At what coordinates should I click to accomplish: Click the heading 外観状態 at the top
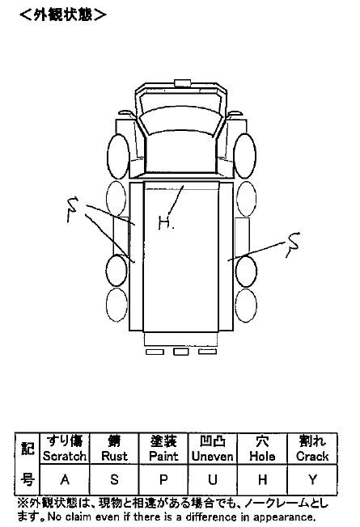point(63,15)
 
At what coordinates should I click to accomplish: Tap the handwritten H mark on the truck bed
point(164,223)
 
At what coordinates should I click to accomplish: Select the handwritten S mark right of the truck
point(292,244)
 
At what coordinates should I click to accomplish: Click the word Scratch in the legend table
point(65,456)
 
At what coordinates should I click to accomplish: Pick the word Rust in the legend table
point(114,456)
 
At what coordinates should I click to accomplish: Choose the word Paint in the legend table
point(163,456)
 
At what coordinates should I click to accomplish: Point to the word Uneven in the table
point(212,456)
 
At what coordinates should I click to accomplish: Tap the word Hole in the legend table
point(262,456)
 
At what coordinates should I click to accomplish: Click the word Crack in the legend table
point(312,456)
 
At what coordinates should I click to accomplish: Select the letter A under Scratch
point(65,479)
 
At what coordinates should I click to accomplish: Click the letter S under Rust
point(114,479)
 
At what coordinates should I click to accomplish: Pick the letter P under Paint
point(163,479)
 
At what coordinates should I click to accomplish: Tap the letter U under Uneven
point(212,479)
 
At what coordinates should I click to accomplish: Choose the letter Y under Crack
point(312,479)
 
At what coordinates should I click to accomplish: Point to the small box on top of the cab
point(182,82)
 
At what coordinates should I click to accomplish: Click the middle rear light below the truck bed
point(180,352)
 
